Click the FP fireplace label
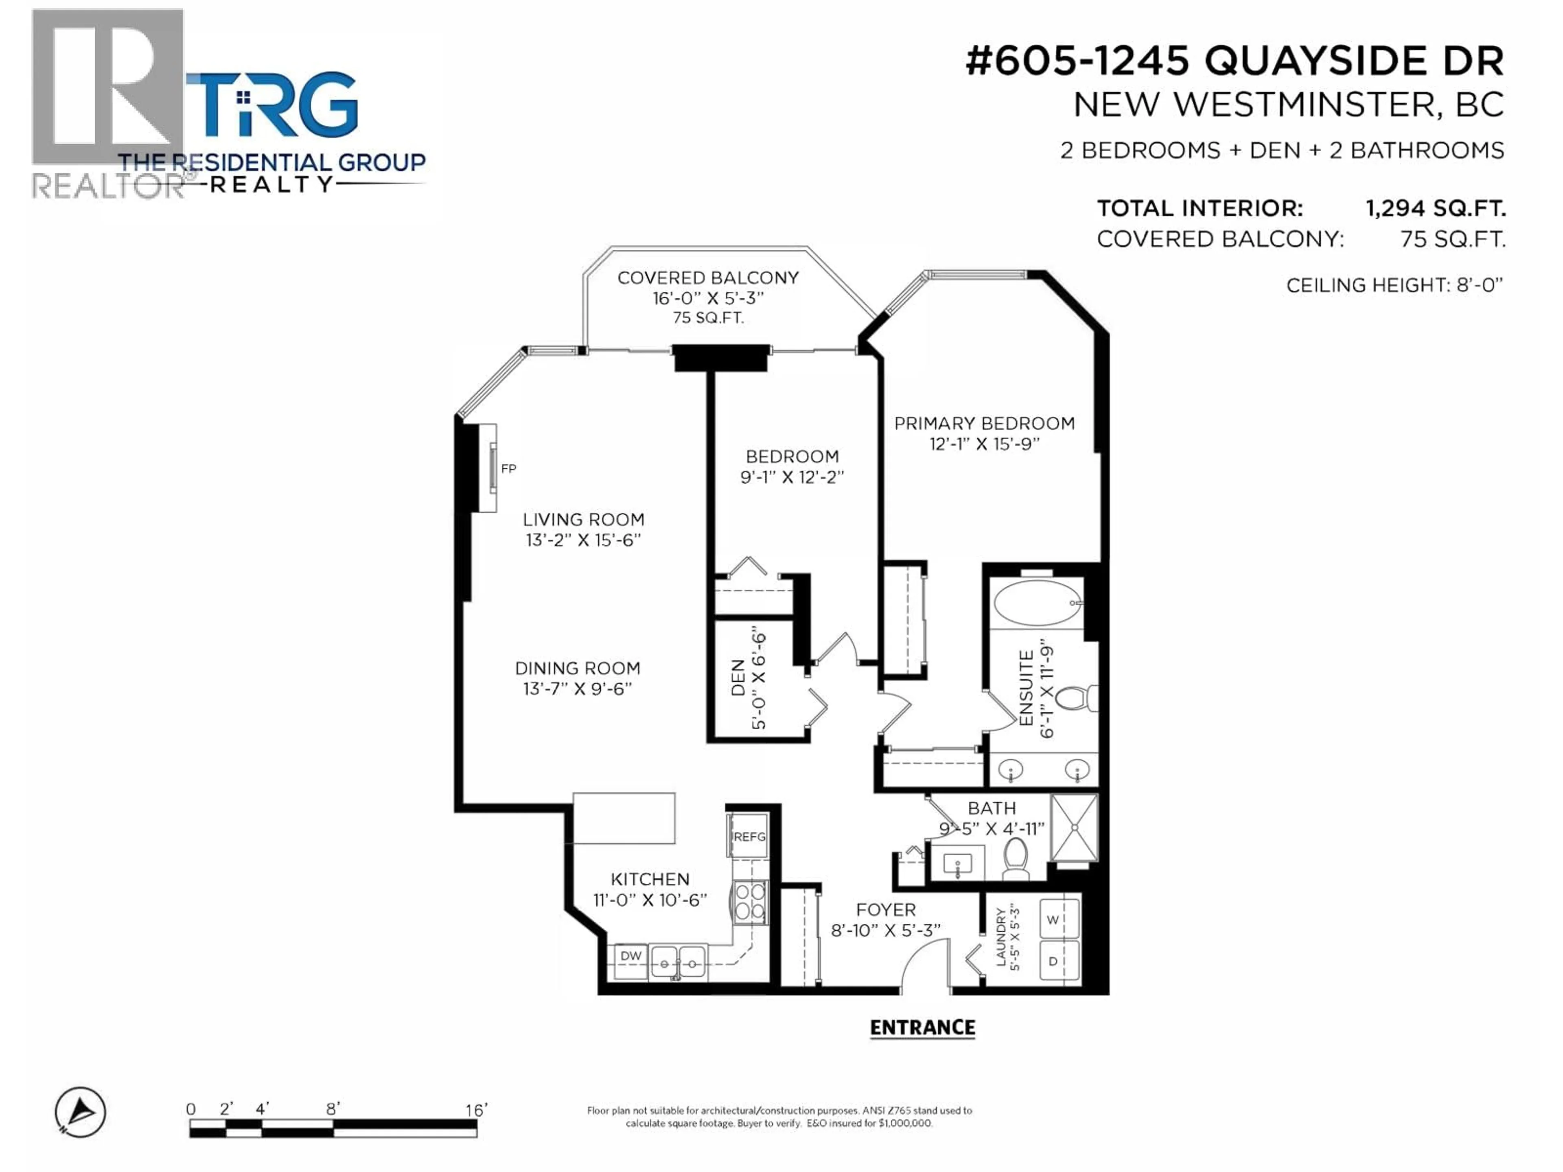pyautogui.click(x=508, y=468)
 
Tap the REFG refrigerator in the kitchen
pyautogui.click(x=748, y=836)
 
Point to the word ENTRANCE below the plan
pyautogui.click(x=922, y=1028)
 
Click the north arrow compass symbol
pyautogui.click(x=81, y=1112)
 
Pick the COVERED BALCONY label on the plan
pyautogui.click(x=707, y=278)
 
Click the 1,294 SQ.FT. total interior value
pyautogui.click(x=1435, y=208)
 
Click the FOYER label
pyautogui.click(x=885, y=910)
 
